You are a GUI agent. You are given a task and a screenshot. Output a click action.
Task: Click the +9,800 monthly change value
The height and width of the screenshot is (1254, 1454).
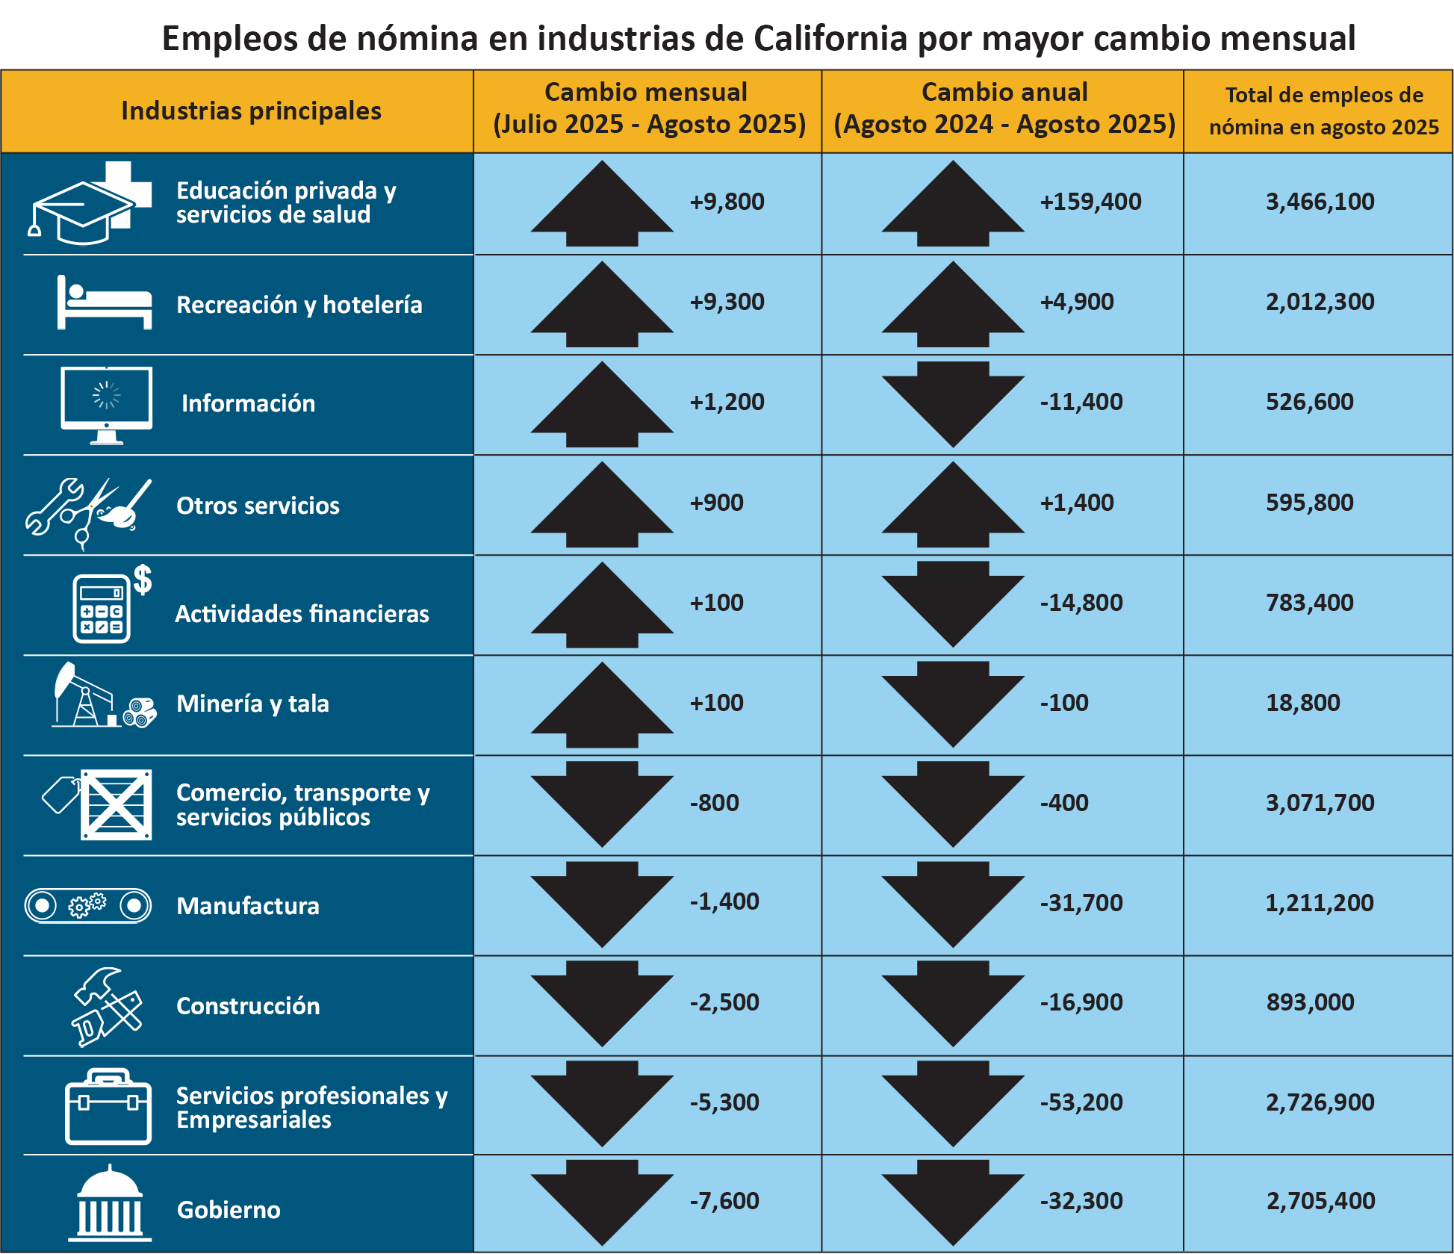coord(727,202)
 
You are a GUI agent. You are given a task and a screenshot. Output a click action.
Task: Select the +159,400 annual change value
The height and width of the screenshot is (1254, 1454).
coord(1090,202)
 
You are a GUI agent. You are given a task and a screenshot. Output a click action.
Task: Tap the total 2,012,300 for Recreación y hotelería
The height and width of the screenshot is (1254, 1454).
coord(1320,302)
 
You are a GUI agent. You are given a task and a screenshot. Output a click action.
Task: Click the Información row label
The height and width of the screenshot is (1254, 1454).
coord(248,403)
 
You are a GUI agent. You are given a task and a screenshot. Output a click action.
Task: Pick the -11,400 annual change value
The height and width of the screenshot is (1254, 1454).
coord(1081,402)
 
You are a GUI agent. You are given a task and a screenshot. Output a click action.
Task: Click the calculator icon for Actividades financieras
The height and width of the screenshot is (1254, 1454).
coord(102,607)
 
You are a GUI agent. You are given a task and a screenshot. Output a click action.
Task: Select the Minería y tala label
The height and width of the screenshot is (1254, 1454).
coord(252,704)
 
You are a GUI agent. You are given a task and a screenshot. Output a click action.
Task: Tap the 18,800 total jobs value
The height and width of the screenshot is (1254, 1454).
coord(1302,703)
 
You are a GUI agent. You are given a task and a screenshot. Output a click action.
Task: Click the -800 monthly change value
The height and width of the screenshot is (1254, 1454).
coord(714,803)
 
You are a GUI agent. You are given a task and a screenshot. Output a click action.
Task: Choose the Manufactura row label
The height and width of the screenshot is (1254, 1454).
coord(248,906)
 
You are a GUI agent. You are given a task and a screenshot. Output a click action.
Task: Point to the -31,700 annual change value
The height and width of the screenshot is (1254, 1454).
coord(1081,903)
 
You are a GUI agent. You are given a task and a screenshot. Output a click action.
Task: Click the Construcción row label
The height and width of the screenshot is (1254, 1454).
coord(248,1006)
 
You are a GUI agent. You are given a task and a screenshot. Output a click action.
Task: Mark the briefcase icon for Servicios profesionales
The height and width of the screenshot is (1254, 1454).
coord(108,1107)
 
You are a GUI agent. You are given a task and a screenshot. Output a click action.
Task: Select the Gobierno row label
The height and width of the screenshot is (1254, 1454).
coord(229,1210)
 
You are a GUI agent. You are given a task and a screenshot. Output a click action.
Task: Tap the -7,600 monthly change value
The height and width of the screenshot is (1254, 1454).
coord(724,1201)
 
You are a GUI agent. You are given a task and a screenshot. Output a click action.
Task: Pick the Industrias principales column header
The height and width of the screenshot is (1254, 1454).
coord(251,111)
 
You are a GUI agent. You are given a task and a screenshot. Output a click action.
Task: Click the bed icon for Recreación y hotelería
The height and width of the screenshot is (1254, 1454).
coord(105,302)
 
